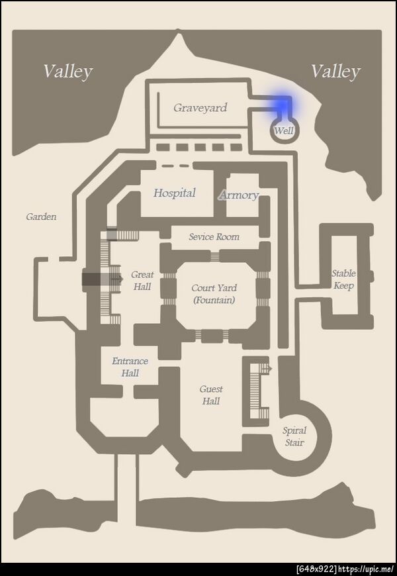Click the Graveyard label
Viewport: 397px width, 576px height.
click(200, 108)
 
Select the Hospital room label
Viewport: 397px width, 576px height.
click(175, 193)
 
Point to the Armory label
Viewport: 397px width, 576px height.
click(239, 195)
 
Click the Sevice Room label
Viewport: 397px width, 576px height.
click(214, 237)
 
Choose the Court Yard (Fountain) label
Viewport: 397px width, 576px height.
click(214, 294)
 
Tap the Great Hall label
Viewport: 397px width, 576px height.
click(142, 281)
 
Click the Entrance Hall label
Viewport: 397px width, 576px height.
click(130, 367)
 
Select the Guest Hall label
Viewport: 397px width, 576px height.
click(211, 395)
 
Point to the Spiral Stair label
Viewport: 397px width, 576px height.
click(294, 436)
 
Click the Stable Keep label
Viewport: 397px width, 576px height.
click(343, 279)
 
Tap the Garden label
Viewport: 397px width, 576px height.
click(41, 216)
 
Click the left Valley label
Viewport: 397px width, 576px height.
click(68, 72)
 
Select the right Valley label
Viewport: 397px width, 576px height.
click(336, 72)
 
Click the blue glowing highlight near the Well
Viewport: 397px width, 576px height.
click(282, 105)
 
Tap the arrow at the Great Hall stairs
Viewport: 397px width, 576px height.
click(118, 279)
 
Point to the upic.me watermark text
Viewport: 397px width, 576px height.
click(367, 570)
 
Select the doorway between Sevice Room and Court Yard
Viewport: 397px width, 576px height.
click(215, 256)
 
